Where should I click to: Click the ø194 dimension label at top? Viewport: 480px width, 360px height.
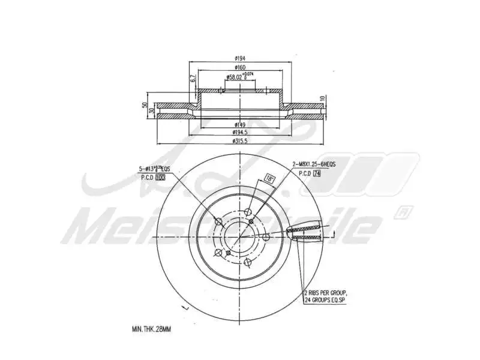coord(241,59)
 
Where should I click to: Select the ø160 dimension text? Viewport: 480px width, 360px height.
coord(241,68)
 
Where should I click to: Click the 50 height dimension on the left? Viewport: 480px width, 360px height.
coord(144,105)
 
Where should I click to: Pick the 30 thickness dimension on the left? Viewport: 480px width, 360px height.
coord(152,110)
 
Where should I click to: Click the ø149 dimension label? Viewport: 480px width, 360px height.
coord(241,125)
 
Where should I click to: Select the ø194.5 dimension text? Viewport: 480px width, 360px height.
coord(241,132)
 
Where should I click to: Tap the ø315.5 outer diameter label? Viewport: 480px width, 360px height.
coord(241,140)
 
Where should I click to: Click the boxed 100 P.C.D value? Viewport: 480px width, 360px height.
coord(160,178)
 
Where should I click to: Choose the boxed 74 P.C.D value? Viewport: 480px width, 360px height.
coord(317,172)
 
